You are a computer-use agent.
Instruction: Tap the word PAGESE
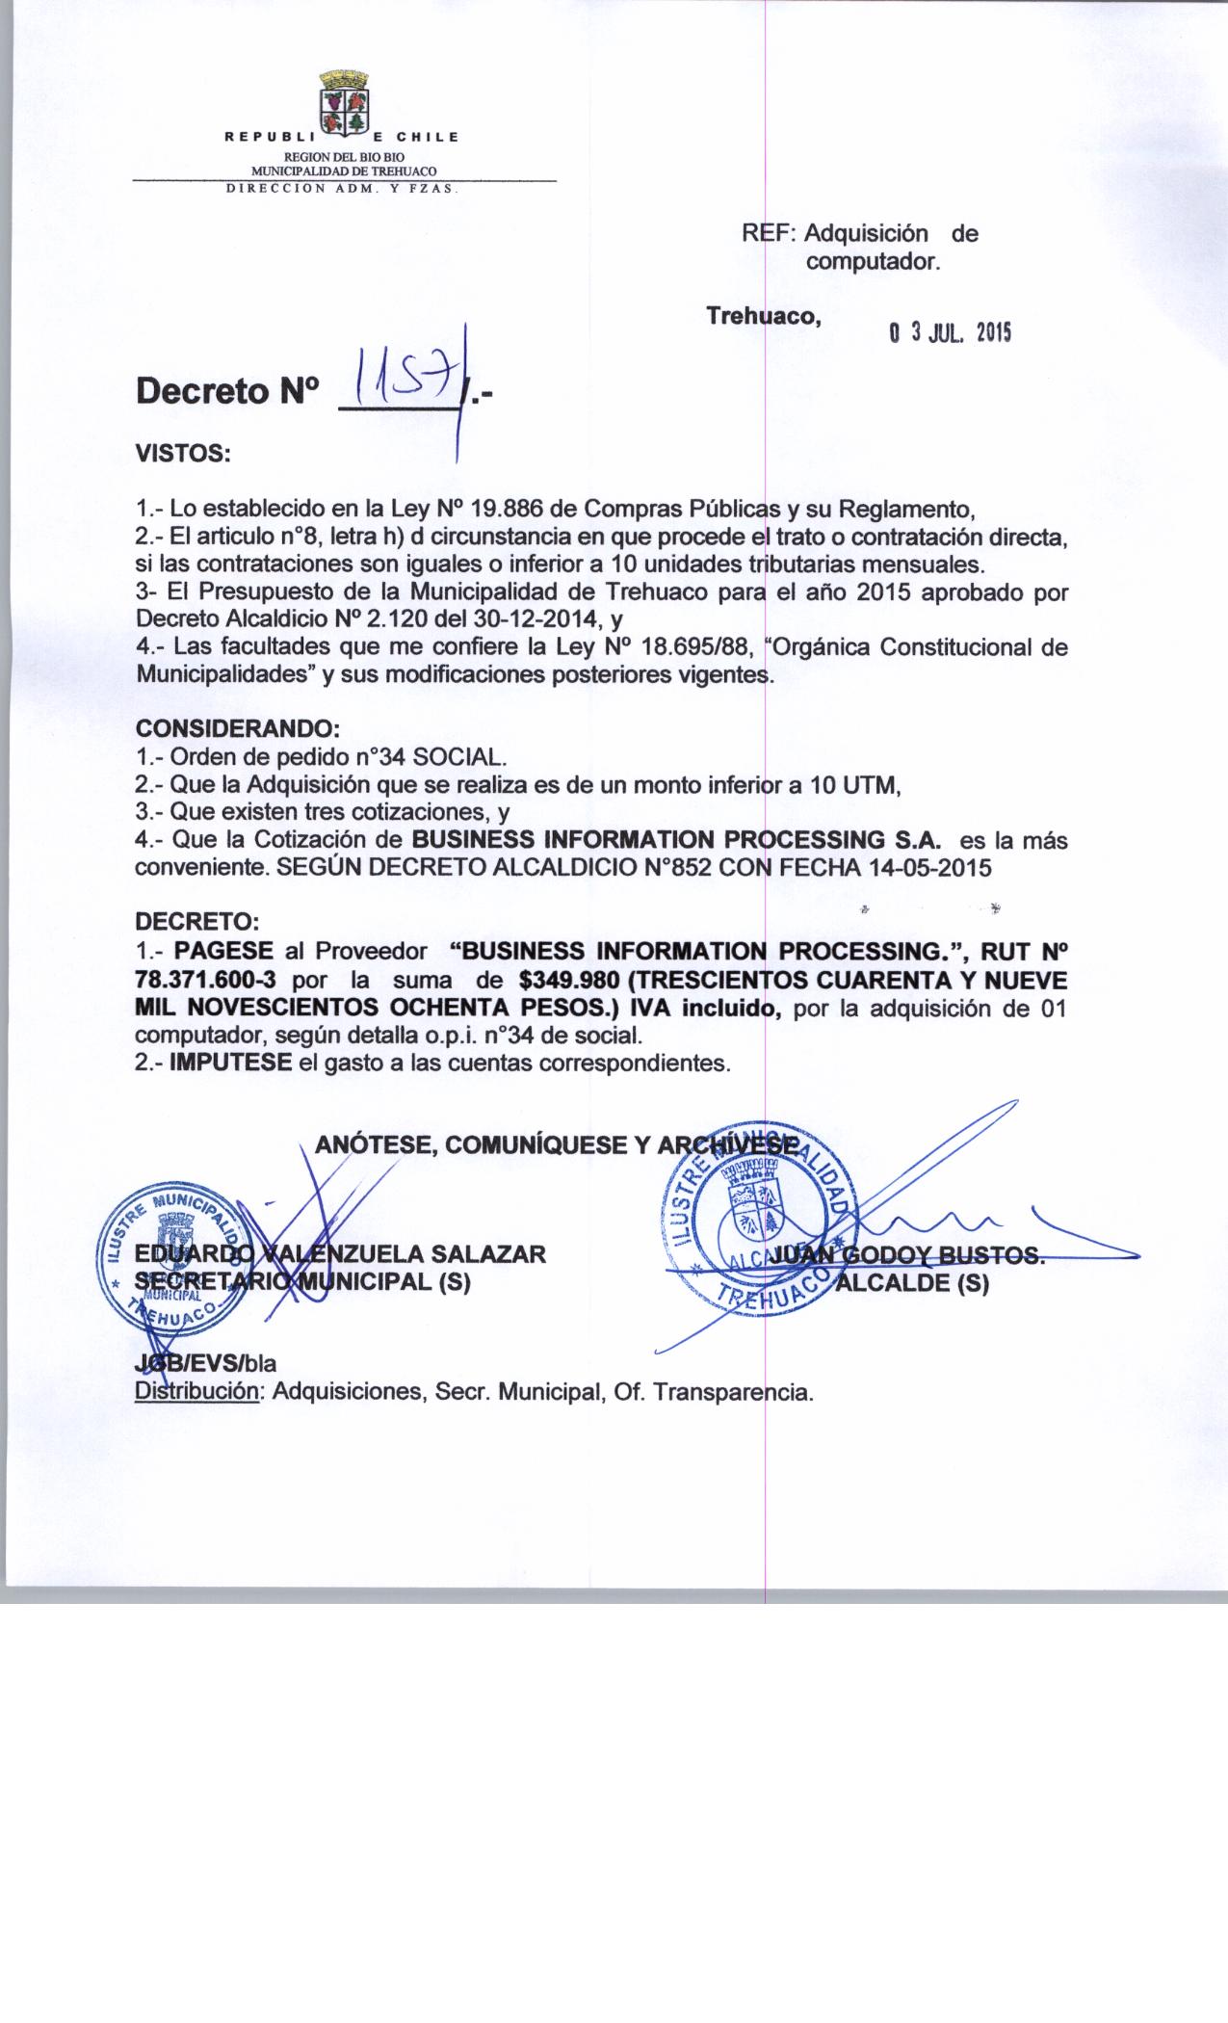pyautogui.click(x=224, y=952)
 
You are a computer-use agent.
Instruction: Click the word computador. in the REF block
pyautogui.click(x=873, y=261)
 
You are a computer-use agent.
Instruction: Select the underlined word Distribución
pyautogui.click(x=197, y=1392)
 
